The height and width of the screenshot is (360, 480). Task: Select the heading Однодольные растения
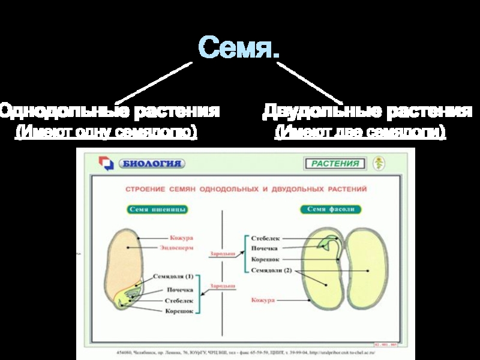pos(109,111)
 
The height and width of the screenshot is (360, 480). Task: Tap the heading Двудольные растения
pos(367,111)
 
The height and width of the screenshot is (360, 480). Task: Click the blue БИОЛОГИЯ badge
pos(151,163)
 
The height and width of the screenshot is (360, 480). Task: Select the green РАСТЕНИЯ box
pos(335,163)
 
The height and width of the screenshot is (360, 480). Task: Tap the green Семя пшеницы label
pos(158,209)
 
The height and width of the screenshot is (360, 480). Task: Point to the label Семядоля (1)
pos(174,277)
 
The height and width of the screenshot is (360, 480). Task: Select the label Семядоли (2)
pos(271,270)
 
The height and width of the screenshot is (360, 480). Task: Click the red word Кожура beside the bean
pos(263,299)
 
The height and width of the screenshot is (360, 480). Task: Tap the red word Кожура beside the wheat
pos(181,238)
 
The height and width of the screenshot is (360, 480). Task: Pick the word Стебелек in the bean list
pos(266,238)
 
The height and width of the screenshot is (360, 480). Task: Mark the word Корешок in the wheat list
pos(179,311)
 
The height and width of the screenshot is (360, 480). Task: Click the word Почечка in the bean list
pos(265,248)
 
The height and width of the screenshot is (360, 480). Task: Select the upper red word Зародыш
pos(222,254)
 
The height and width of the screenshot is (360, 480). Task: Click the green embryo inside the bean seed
pos(329,243)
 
